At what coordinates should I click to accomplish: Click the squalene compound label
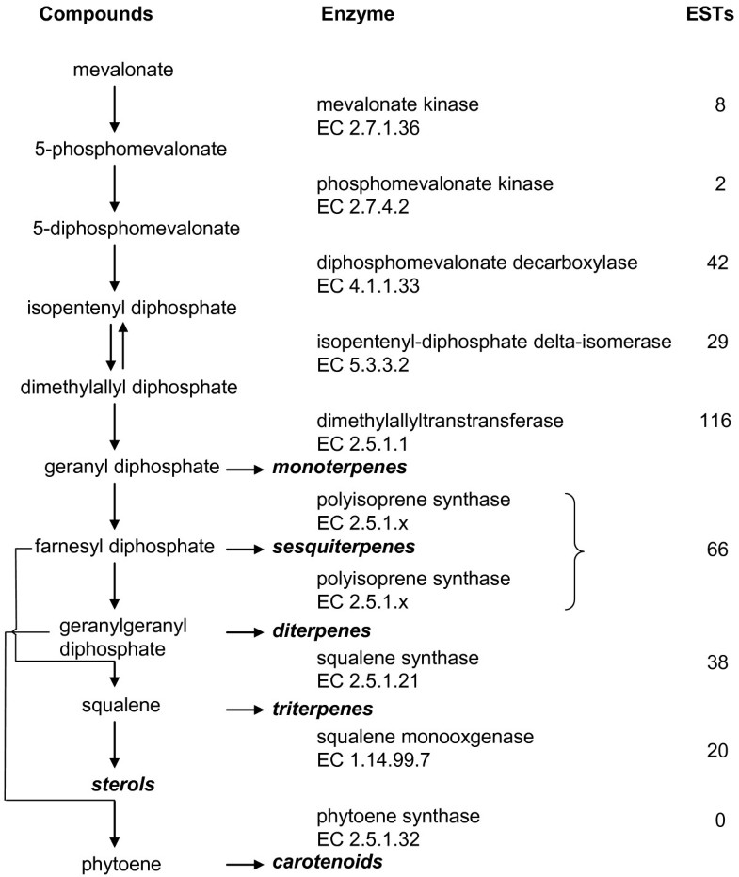115,706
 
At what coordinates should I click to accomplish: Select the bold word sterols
117,783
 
